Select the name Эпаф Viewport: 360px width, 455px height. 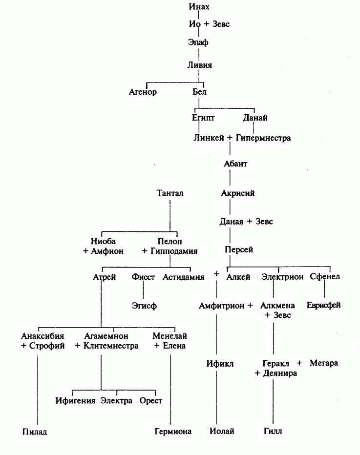tap(198, 42)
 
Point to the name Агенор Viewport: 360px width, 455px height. tap(143, 92)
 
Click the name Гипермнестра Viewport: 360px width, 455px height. tap(263, 138)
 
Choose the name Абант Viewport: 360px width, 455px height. tap(235, 164)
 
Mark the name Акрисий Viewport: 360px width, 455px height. tap(238, 193)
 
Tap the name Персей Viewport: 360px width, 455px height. tap(238, 250)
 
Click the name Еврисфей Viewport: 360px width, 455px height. tap(323, 305)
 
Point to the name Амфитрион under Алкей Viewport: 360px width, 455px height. tap(221, 306)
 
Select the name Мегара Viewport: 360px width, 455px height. tap(324, 363)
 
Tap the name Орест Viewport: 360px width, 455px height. tap(150, 401)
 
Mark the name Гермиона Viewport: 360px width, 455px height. tap(172, 432)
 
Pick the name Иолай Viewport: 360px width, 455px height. tap(222, 431)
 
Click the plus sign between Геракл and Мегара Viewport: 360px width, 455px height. tap(299, 363)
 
